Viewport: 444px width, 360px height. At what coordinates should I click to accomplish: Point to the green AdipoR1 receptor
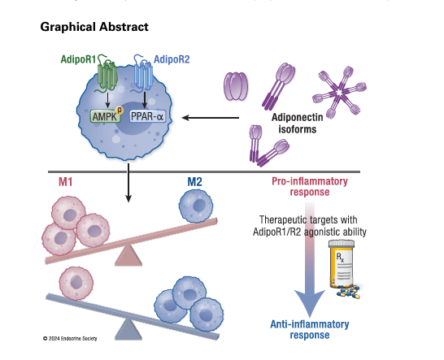pyautogui.click(x=107, y=77)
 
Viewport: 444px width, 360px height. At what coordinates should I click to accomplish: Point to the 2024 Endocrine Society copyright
pyautogui.click(x=70, y=337)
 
